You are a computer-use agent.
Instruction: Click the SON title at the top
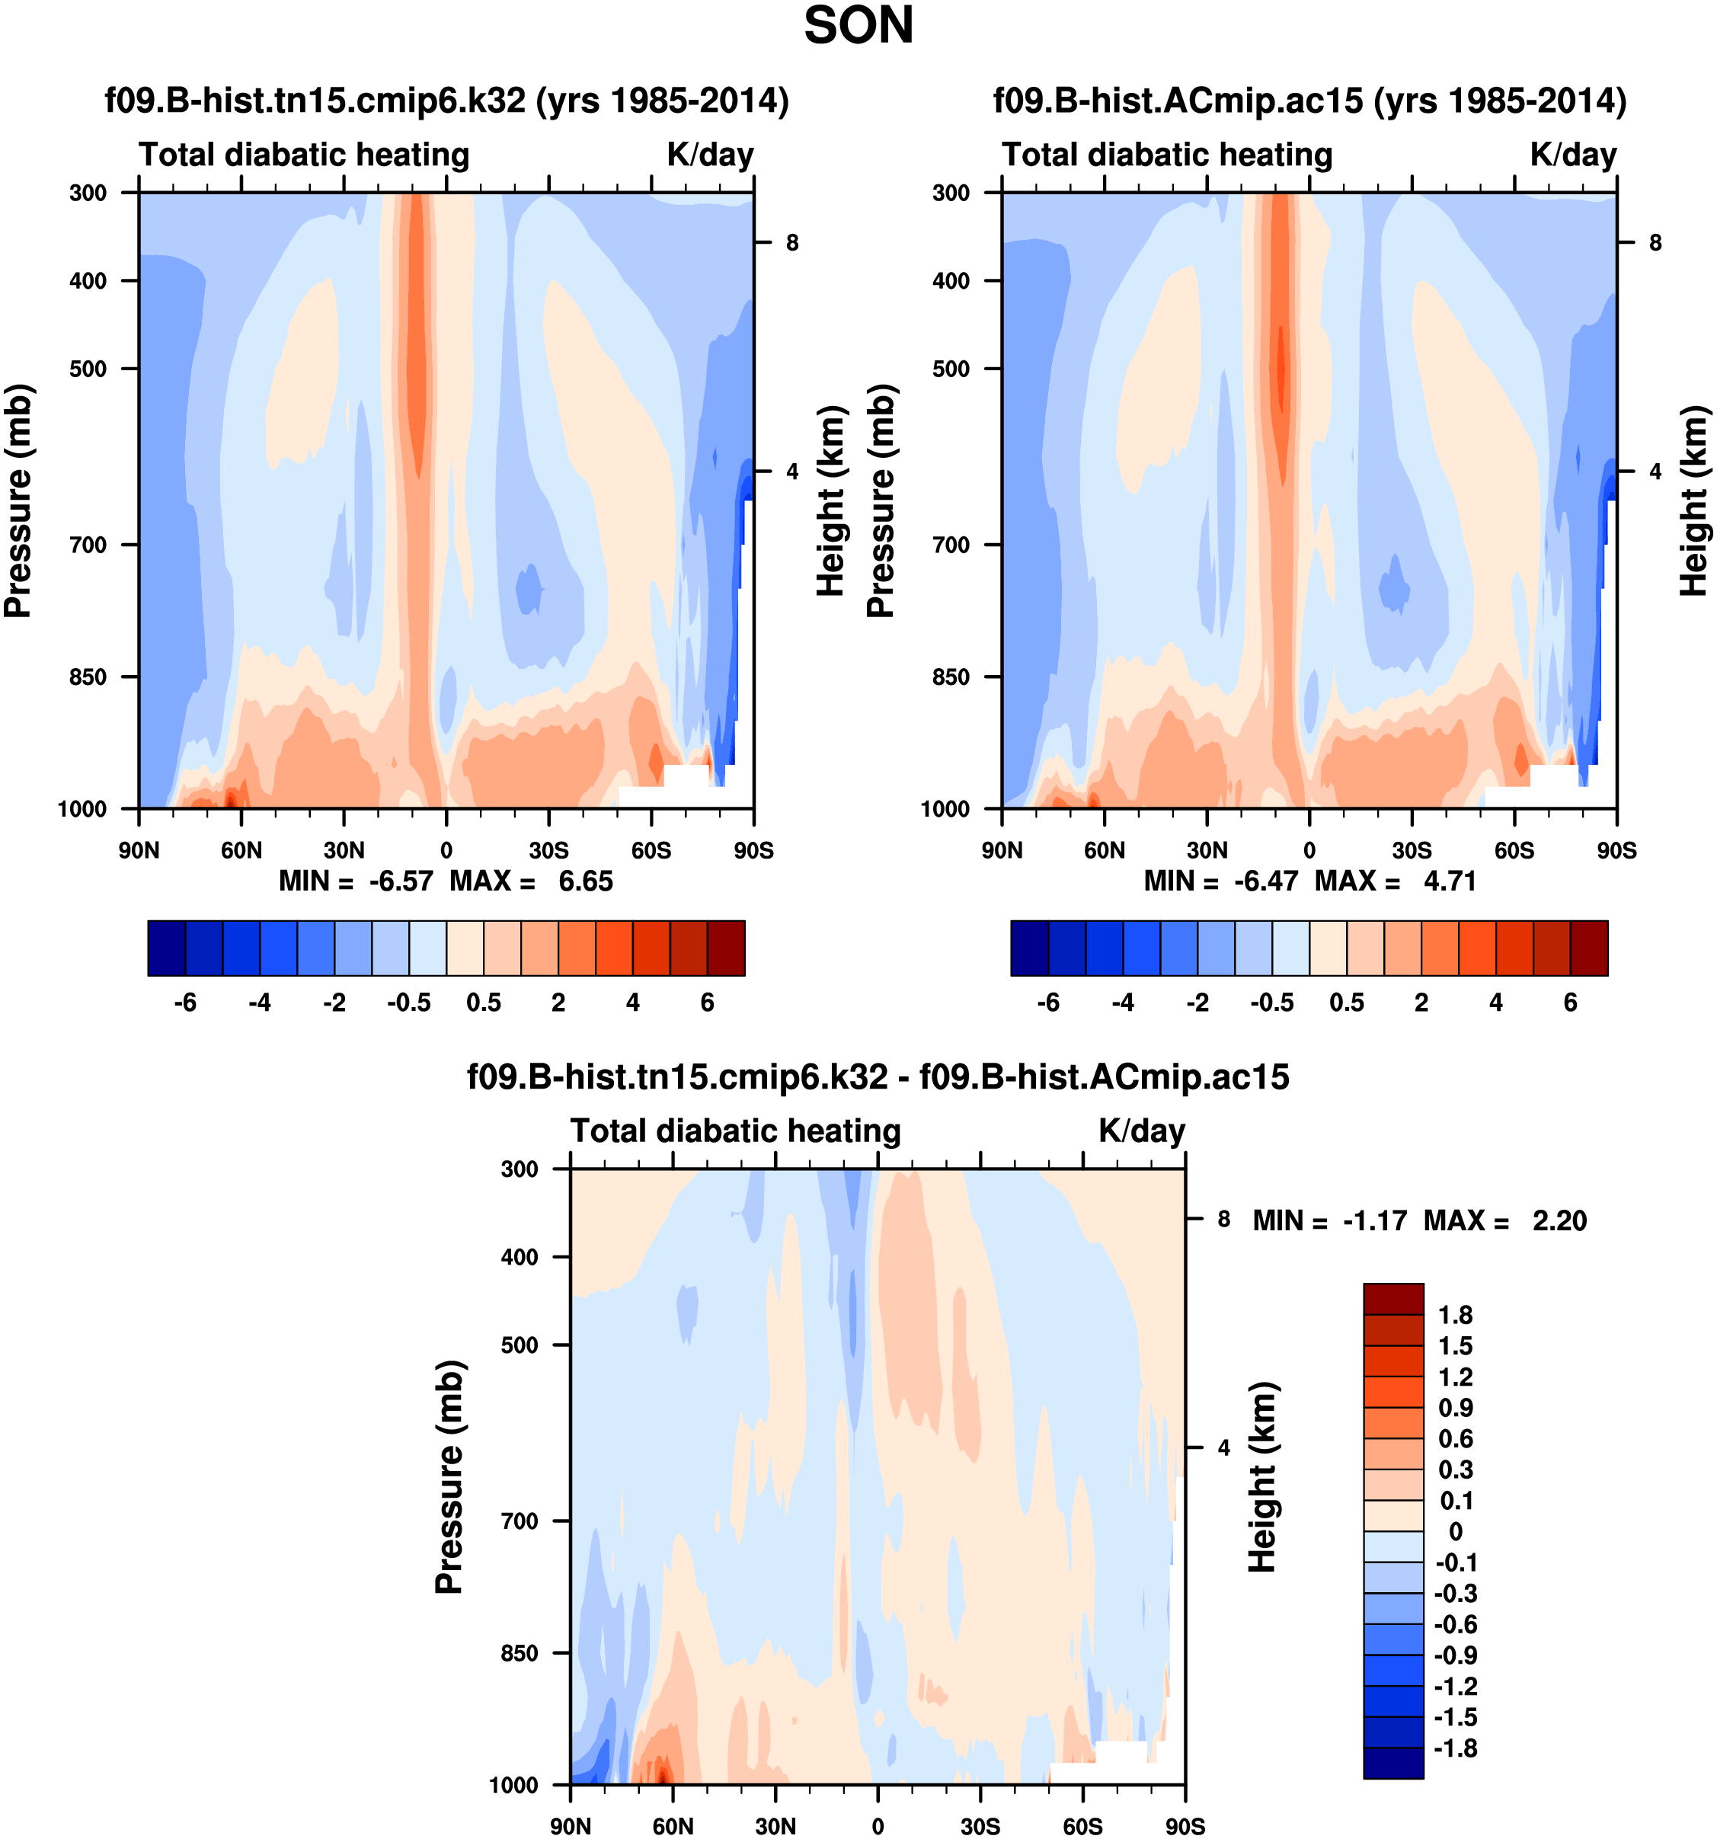click(858, 26)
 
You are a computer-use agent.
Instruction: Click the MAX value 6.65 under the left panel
click(585, 881)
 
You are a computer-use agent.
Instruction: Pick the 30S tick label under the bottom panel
click(980, 1827)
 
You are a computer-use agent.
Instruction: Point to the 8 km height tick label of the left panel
click(792, 243)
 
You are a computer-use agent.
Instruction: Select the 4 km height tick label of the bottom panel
click(1224, 1447)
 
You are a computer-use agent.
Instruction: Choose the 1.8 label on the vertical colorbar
click(1455, 1315)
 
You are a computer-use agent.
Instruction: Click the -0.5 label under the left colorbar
click(409, 1003)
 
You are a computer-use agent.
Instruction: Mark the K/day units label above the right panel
click(1573, 155)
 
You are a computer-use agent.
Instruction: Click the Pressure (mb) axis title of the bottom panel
click(449, 1477)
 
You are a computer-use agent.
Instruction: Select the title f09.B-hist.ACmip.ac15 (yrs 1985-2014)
click(1309, 100)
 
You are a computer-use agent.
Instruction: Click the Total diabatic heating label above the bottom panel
click(735, 1131)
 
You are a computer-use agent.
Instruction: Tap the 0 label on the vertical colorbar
click(1455, 1532)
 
